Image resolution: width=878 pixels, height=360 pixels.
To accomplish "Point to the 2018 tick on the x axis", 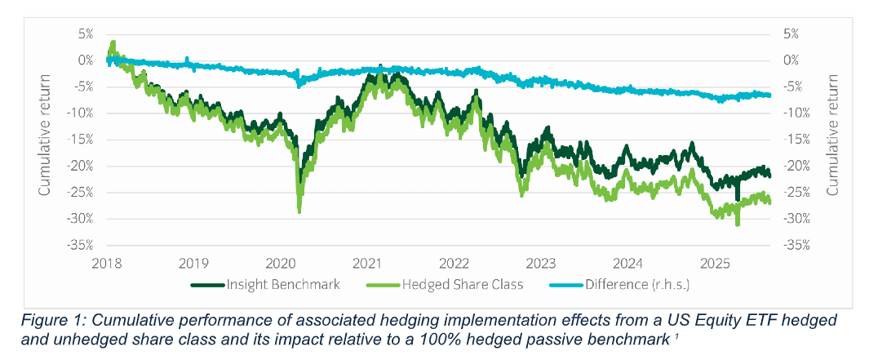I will [107, 263].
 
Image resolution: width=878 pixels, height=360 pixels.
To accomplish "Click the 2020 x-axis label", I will [281, 263].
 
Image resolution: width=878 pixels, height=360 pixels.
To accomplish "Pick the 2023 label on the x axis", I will [541, 263].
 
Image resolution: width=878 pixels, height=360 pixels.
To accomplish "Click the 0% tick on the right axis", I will [791, 60].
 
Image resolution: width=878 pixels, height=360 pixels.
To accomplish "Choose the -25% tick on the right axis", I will [796, 192].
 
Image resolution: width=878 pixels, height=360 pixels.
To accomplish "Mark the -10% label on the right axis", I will [796, 113].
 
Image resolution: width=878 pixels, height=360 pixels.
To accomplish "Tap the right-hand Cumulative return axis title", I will [832, 135].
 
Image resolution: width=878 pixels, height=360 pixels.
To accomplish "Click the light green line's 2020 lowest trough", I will [299, 212].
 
